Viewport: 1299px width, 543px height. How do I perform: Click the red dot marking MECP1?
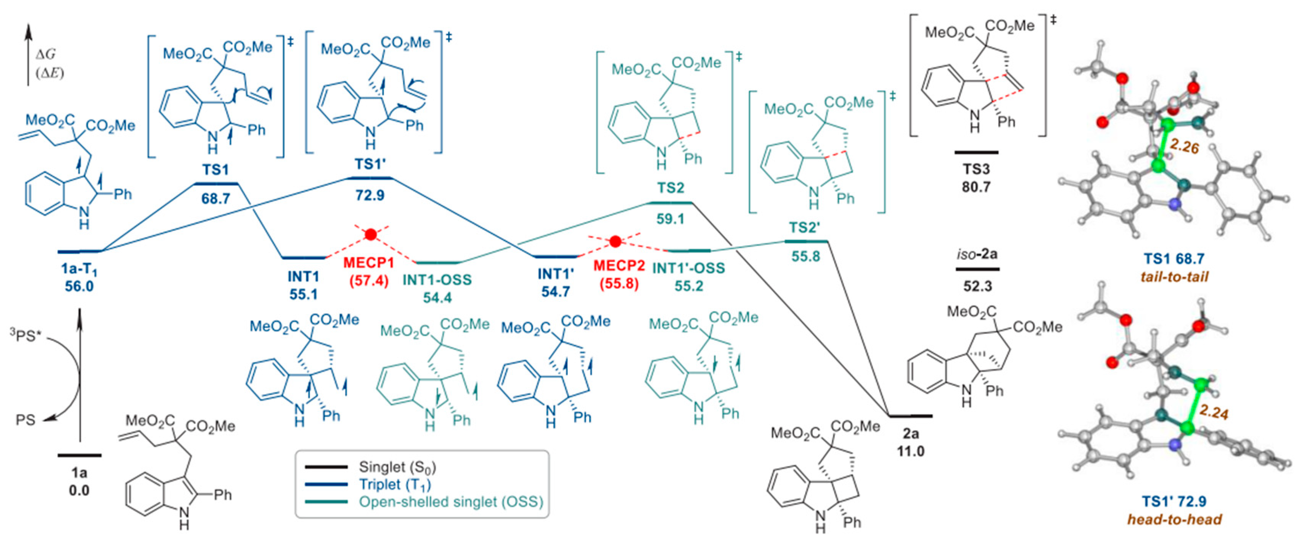click(x=371, y=234)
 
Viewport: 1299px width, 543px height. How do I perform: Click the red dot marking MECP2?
click(x=615, y=242)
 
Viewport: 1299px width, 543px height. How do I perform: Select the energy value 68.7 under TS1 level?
click(x=216, y=198)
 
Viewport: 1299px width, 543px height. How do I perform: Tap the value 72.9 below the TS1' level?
click(x=370, y=195)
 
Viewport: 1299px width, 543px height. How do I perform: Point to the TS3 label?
click(x=976, y=169)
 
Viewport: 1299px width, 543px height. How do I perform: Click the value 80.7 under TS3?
click(x=976, y=187)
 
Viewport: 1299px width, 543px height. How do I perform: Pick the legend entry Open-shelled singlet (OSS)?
click(x=451, y=502)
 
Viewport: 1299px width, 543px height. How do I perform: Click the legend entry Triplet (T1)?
click(x=395, y=485)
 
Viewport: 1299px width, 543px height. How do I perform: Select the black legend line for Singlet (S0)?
click(x=326, y=467)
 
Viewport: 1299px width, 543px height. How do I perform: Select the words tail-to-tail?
click(x=1174, y=277)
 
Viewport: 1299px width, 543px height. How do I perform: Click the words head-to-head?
click(x=1174, y=519)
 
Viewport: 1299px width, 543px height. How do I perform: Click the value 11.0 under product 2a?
click(x=910, y=451)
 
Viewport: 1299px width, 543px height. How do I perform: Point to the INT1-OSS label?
click(x=437, y=280)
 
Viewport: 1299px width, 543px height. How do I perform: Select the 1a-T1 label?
click(x=79, y=270)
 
